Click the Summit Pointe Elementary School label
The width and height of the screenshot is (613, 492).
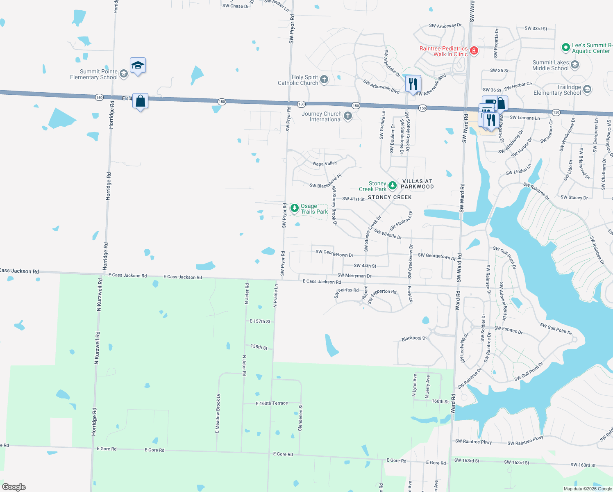tap(94, 74)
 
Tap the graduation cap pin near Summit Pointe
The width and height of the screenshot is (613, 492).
tap(138, 66)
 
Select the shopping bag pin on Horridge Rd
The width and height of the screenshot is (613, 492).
tap(140, 101)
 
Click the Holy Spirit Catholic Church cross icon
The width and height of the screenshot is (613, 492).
tap(324, 80)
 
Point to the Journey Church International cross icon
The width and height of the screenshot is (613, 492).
tap(348, 116)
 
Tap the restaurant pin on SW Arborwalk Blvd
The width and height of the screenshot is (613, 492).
tap(413, 84)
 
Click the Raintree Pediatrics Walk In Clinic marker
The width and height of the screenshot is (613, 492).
tap(474, 51)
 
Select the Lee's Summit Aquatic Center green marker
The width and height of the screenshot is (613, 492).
tap(566, 48)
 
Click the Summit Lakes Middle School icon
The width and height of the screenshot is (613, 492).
tap(575, 65)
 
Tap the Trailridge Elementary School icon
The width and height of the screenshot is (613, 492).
tap(587, 89)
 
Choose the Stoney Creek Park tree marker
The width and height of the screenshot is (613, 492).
tap(392, 186)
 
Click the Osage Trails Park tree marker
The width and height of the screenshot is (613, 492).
tap(294, 208)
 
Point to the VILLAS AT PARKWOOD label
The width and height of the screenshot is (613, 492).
tap(417, 184)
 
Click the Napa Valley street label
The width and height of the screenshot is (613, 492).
tap(325, 164)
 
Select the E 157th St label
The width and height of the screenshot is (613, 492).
tap(260, 321)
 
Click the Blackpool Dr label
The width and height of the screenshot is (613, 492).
tap(414, 339)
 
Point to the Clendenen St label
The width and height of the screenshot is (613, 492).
tap(301, 417)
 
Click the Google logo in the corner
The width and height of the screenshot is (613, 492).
tap(14, 487)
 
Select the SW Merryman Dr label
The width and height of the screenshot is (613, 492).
tap(354, 276)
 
